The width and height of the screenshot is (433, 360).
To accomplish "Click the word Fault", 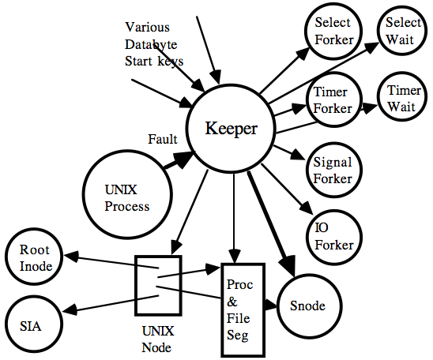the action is [x=163, y=139].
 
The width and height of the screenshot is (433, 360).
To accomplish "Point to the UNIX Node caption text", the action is [x=158, y=339].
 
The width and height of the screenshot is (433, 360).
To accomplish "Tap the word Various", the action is [x=147, y=27].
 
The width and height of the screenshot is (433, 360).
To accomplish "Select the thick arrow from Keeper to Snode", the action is [x=271, y=223].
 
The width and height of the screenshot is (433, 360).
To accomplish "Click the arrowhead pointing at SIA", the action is [x=70, y=309].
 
